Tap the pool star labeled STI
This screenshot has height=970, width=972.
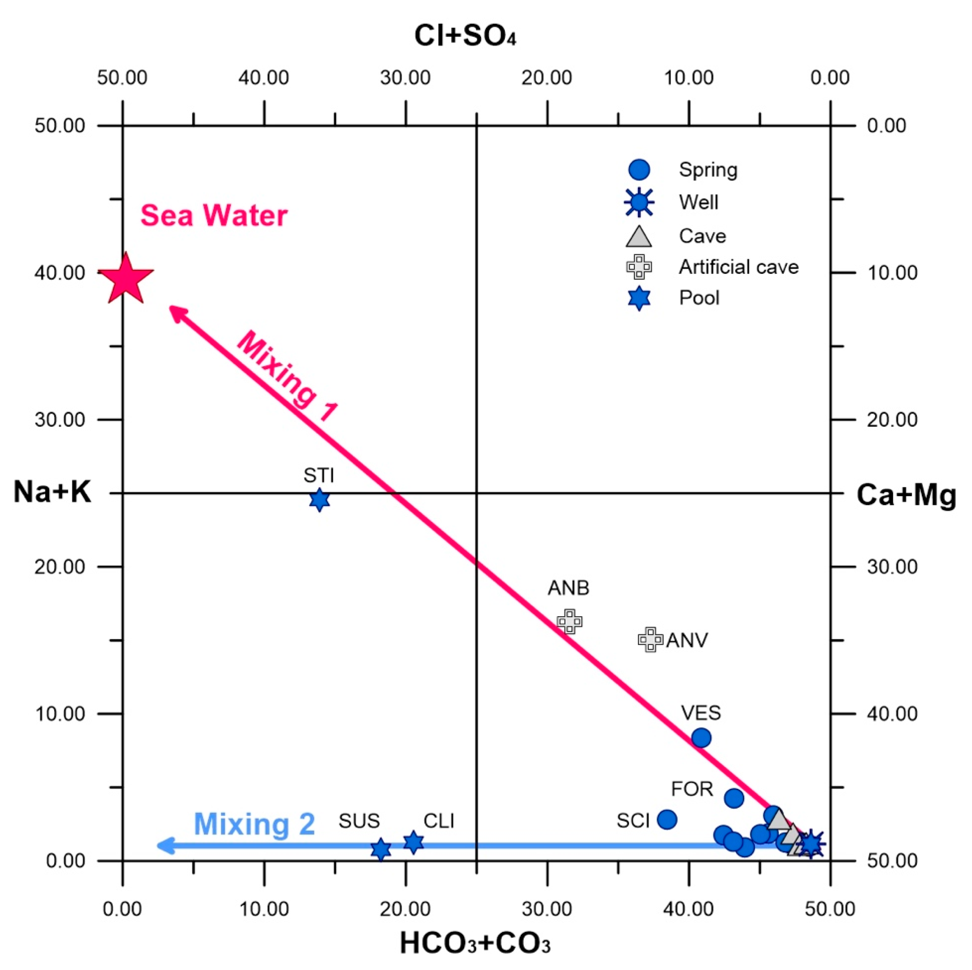pos(319,499)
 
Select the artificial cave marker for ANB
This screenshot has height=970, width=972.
pos(570,621)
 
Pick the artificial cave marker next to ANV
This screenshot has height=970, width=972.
pos(650,640)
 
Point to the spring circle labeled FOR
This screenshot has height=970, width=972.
pos(734,797)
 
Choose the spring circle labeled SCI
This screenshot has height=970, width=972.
pos(667,820)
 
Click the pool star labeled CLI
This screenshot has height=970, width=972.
pos(414,842)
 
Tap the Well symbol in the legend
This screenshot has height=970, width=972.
pos(639,202)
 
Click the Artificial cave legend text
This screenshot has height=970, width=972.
pos(738,267)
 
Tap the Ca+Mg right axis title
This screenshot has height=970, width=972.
pos(905,495)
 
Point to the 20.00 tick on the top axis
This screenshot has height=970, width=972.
pos(547,78)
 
